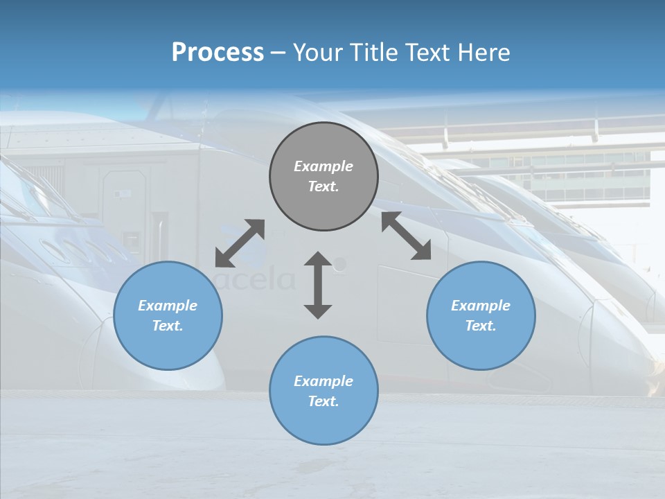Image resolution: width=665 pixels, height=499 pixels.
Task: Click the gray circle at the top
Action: coord(323,177)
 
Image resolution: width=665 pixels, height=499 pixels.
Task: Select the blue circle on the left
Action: coord(168,315)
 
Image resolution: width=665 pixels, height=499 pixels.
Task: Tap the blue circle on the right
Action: coord(481,315)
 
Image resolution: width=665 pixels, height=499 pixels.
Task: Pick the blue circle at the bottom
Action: coord(323,391)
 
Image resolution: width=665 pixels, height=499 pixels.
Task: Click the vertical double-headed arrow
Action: coord(318,285)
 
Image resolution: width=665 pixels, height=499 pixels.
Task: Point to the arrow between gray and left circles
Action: coord(240,243)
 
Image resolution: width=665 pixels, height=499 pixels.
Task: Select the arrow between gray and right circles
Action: coord(407,236)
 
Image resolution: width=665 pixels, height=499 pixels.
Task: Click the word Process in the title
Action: coord(218,53)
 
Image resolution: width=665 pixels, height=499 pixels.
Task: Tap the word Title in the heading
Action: coord(371,53)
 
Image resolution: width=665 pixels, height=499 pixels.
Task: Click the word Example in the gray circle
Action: coord(323,166)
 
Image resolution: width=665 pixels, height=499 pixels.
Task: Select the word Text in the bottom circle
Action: coord(323,401)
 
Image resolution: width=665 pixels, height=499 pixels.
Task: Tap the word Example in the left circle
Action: coord(168,306)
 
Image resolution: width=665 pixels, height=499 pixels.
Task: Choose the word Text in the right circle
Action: coord(481,326)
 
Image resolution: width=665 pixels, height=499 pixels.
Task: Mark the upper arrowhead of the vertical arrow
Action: coord(318,259)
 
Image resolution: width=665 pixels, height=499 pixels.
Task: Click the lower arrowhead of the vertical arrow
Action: coord(318,311)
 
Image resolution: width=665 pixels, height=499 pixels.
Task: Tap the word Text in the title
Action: coord(425,53)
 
